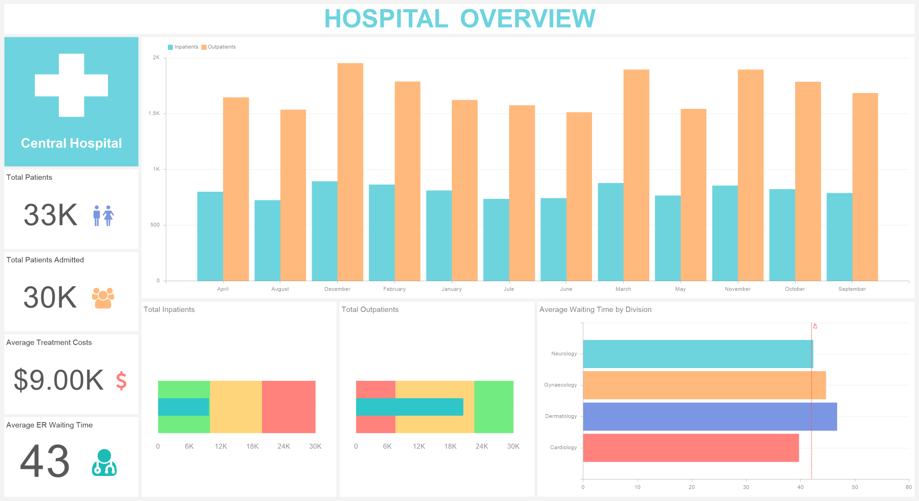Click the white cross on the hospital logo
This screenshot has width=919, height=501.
point(71,85)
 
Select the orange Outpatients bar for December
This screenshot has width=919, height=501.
point(350,172)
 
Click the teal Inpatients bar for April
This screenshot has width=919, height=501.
point(210,236)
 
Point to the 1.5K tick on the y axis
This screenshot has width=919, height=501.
point(154,113)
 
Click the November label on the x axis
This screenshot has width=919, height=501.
point(737,289)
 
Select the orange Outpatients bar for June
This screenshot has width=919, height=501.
point(579,196)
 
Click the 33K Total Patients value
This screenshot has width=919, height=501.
point(50,215)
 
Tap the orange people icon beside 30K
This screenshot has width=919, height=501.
point(103,298)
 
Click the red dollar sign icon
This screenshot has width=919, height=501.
point(121,381)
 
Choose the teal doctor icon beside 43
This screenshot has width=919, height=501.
point(104,463)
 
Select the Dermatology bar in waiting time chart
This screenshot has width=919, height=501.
point(709,417)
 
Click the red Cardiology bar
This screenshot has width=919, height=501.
point(690,448)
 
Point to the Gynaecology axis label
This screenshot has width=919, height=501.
point(560,385)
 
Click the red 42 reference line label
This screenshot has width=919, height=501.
point(815,326)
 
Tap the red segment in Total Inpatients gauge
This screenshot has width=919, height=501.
point(289,407)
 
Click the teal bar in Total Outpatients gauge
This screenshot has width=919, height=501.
point(409,407)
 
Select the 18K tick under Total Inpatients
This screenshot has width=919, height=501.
point(252,447)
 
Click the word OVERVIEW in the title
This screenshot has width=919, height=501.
point(527,19)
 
